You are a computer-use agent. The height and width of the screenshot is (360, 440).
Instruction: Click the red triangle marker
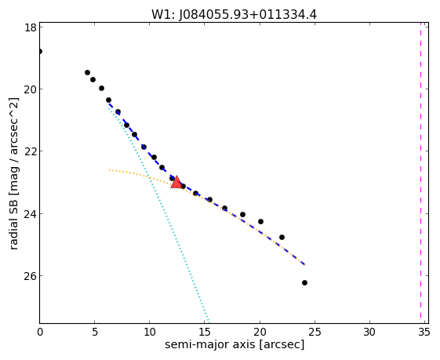coord(176,182)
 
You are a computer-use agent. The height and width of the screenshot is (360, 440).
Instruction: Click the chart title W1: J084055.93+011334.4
coord(234,15)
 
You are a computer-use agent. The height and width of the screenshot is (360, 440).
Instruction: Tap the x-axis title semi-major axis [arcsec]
coord(235,344)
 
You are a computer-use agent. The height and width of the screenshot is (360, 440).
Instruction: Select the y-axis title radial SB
coord(13,225)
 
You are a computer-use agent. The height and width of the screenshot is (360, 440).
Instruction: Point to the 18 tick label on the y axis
coord(30,27)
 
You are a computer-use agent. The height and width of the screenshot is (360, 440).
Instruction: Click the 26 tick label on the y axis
coord(30,276)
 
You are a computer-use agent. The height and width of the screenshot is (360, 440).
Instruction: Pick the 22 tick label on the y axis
coord(30,151)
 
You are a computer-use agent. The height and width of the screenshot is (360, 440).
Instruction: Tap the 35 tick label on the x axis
coord(424,333)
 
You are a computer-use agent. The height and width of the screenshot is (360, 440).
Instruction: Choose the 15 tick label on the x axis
coord(204,333)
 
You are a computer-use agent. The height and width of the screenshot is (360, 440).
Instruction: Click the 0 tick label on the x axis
coord(40,333)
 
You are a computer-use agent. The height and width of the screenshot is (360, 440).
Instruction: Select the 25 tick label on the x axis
coord(315,333)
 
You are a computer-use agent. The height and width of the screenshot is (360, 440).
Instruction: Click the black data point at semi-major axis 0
coord(40,51)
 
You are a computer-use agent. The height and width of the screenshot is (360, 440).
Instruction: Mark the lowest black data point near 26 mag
coord(304,282)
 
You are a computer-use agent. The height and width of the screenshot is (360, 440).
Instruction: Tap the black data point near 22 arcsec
coord(282,237)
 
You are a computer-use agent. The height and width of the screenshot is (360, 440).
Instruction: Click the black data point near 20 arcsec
coord(260,221)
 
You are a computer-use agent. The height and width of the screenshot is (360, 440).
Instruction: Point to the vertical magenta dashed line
coord(420,170)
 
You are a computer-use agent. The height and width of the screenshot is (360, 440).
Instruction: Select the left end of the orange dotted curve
coord(110,170)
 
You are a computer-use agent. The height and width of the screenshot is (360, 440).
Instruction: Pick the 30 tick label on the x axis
coord(369,333)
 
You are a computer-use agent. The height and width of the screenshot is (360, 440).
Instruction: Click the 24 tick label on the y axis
coord(30,214)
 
